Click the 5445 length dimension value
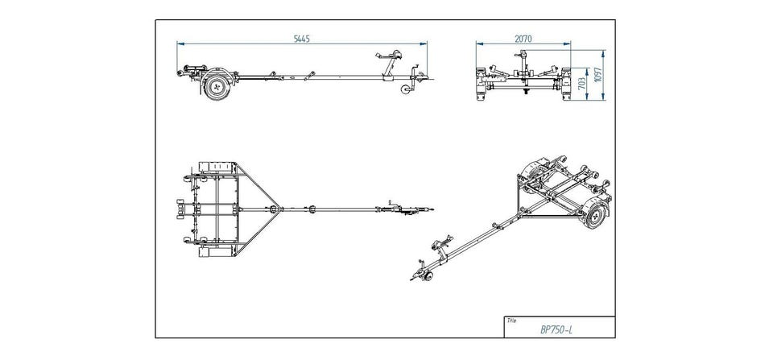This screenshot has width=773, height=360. [x=303, y=38]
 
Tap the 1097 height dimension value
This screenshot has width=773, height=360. [x=597, y=74]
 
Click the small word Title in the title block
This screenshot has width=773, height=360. [x=511, y=319]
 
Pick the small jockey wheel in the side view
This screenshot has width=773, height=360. [x=405, y=91]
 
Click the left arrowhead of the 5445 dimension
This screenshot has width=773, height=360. [x=180, y=45]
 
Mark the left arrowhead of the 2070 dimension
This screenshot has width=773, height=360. [x=478, y=45]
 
